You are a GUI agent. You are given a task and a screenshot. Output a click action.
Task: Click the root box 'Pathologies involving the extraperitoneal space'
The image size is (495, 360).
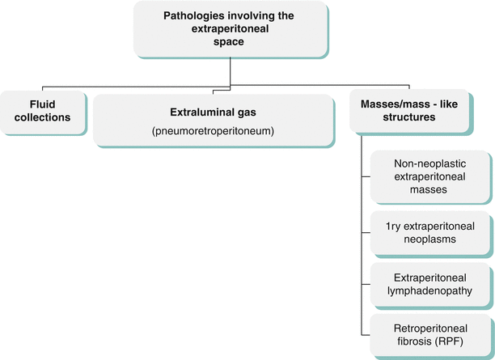pos(231,29)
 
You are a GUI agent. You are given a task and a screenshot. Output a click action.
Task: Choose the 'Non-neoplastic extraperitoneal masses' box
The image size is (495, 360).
pos(429,176)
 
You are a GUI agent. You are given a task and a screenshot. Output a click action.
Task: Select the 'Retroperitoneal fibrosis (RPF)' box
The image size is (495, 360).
pos(429,333)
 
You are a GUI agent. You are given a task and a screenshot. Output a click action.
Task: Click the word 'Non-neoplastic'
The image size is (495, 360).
pos(429,163)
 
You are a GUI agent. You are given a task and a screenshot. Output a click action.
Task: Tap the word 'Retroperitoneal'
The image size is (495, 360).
pos(429,326)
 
